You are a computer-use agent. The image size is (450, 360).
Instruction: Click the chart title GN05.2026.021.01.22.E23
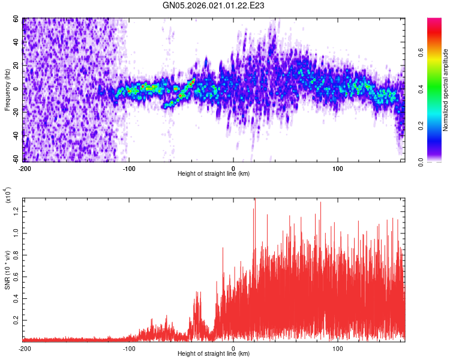point(214,5)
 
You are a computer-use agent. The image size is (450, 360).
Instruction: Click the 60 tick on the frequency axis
point(17,19)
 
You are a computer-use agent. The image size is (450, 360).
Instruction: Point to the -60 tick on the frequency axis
point(16,159)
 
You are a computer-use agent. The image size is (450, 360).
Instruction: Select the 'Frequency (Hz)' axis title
point(7,89)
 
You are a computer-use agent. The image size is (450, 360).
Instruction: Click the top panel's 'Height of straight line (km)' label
point(214,174)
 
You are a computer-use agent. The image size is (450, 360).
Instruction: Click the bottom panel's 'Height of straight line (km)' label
point(214,354)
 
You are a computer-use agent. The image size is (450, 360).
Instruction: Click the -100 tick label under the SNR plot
point(129,348)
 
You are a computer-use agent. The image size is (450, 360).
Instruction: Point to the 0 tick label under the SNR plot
point(233,348)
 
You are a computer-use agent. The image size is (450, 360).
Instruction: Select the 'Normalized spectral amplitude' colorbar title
point(445,90)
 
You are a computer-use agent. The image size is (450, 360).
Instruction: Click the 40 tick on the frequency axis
point(17,43)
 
